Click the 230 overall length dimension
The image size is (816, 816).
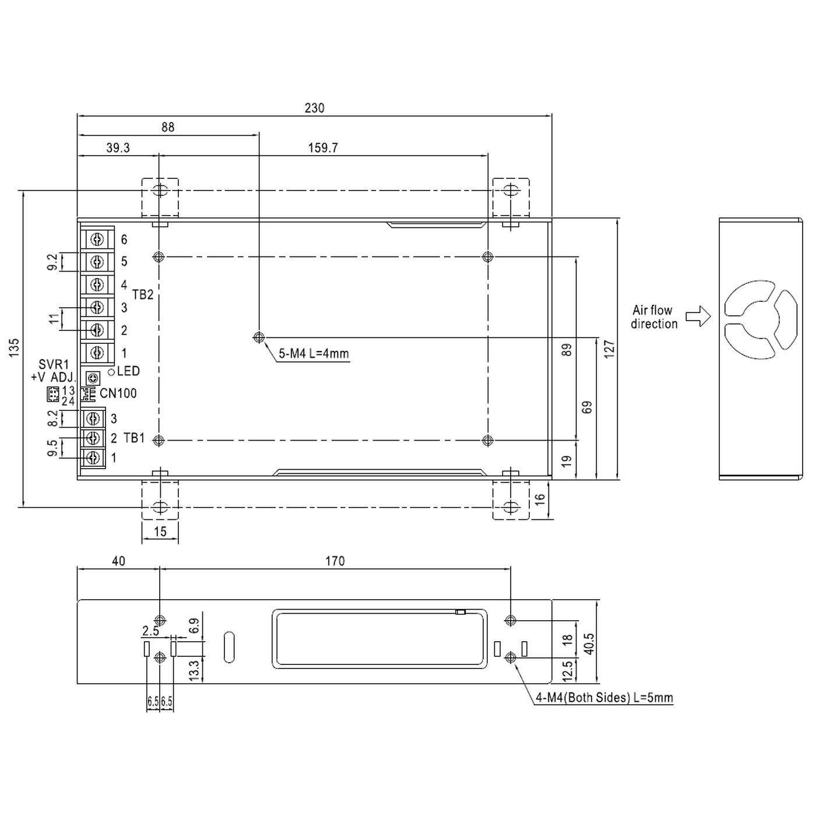point(314,108)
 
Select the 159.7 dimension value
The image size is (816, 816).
point(323,148)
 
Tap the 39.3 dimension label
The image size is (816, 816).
point(118,148)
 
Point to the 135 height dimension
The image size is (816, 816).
point(15,347)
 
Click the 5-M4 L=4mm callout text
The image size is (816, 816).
point(314,353)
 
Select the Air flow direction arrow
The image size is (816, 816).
point(698,316)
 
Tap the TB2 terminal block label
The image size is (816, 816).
point(143,295)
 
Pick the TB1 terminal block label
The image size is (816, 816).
point(134,438)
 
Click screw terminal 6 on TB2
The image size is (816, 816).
point(97,240)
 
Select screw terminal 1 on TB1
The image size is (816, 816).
point(93,458)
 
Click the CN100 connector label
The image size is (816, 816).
point(118,393)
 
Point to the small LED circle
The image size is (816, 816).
point(111,372)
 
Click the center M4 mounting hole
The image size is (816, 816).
point(259,337)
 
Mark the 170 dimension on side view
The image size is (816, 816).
point(335,561)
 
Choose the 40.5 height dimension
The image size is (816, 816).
point(589,643)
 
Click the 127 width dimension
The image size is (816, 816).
point(610,349)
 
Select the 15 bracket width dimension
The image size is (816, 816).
point(160,531)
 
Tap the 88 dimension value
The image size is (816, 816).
point(168,127)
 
